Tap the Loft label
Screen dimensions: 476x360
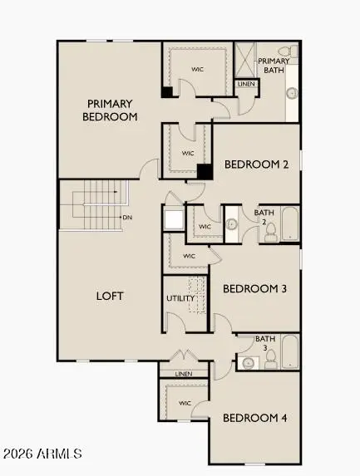click(110, 296)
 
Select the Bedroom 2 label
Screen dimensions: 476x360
click(256, 164)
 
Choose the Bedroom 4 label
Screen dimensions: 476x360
click(255, 417)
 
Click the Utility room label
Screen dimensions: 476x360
click(180, 297)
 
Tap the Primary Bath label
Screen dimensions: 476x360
click(274, 66)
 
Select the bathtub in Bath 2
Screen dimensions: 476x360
click(290, 225)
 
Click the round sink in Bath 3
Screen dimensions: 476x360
click(247, 362)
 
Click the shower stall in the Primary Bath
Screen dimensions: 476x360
click(246, 60)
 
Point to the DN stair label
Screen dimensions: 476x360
click(127, 218)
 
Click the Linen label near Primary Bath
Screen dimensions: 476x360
click(246, 84)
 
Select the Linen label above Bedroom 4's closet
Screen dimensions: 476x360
click(184, 375)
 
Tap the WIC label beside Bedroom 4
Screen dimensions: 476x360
click(185, 404)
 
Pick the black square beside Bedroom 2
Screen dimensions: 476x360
click(205, 171)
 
